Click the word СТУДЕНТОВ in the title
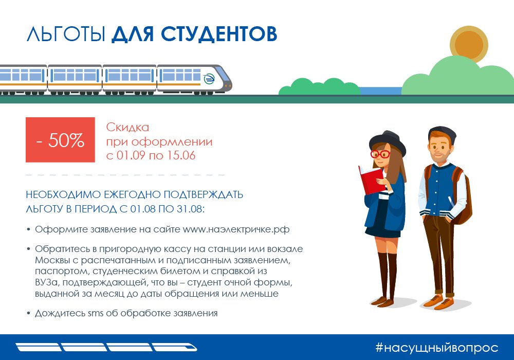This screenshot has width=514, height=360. (x=219, y=34)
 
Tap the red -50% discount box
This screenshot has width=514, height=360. (x=60, y=140)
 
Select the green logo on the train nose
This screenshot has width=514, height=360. (x=209, y=79)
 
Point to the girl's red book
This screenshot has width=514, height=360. (x=372, y=179)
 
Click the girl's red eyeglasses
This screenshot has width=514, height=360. (x=380, y=154)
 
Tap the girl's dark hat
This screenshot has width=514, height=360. (x=388, y=142)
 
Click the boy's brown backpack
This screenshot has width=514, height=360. (x=465, y=197)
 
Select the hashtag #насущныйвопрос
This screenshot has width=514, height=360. (x=436, y=348)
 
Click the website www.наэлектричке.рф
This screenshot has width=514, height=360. (x=236, y=229)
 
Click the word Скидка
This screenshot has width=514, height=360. (x=127, y=127)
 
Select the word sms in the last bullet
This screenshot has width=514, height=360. (x=96, y=313)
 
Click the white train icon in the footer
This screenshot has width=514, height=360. (x=106, y=347)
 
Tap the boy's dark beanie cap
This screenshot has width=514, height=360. (x=442, y=133)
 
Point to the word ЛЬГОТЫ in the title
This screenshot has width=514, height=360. (x=66, y=34)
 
